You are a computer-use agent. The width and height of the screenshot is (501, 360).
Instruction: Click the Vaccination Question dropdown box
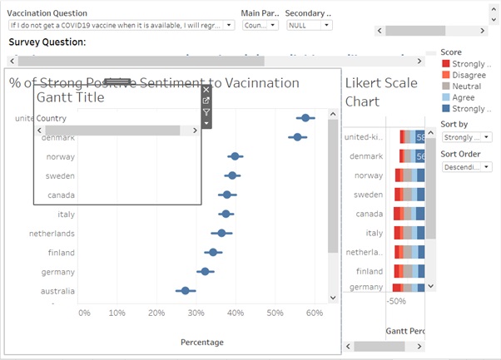click(121, 25)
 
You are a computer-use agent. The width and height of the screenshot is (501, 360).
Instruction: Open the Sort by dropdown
click(467, 137)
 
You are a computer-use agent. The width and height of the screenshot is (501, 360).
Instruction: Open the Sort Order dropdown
click(467, 166)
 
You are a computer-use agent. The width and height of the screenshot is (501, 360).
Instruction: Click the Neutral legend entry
click(466, 86)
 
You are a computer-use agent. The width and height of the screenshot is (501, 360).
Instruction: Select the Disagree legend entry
click(469, 75)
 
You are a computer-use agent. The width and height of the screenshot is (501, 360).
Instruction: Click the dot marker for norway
click(236, 156)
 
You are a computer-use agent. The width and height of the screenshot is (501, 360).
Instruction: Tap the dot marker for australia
click(186, 290)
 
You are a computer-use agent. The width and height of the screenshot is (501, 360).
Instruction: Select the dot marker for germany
click(205, 271)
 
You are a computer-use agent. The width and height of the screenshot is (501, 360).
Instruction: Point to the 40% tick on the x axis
click(236, 313)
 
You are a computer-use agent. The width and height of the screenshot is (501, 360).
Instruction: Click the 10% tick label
click(117, 313)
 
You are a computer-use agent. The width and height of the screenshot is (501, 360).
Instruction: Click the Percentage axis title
click(202, 342)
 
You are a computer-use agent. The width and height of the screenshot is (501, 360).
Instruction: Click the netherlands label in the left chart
click(52, 234)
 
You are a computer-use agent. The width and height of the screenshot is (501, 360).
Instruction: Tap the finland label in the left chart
click(61, 253)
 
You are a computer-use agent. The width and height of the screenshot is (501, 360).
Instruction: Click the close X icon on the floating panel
click(206, 88)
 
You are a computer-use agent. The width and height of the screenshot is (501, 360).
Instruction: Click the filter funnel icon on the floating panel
click(206, 112)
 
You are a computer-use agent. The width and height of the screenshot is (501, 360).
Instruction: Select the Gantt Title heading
click(71, 97)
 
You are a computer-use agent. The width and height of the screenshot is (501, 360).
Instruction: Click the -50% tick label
click(397, 301)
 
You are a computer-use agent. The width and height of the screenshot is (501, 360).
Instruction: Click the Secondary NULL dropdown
click(310, 25)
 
